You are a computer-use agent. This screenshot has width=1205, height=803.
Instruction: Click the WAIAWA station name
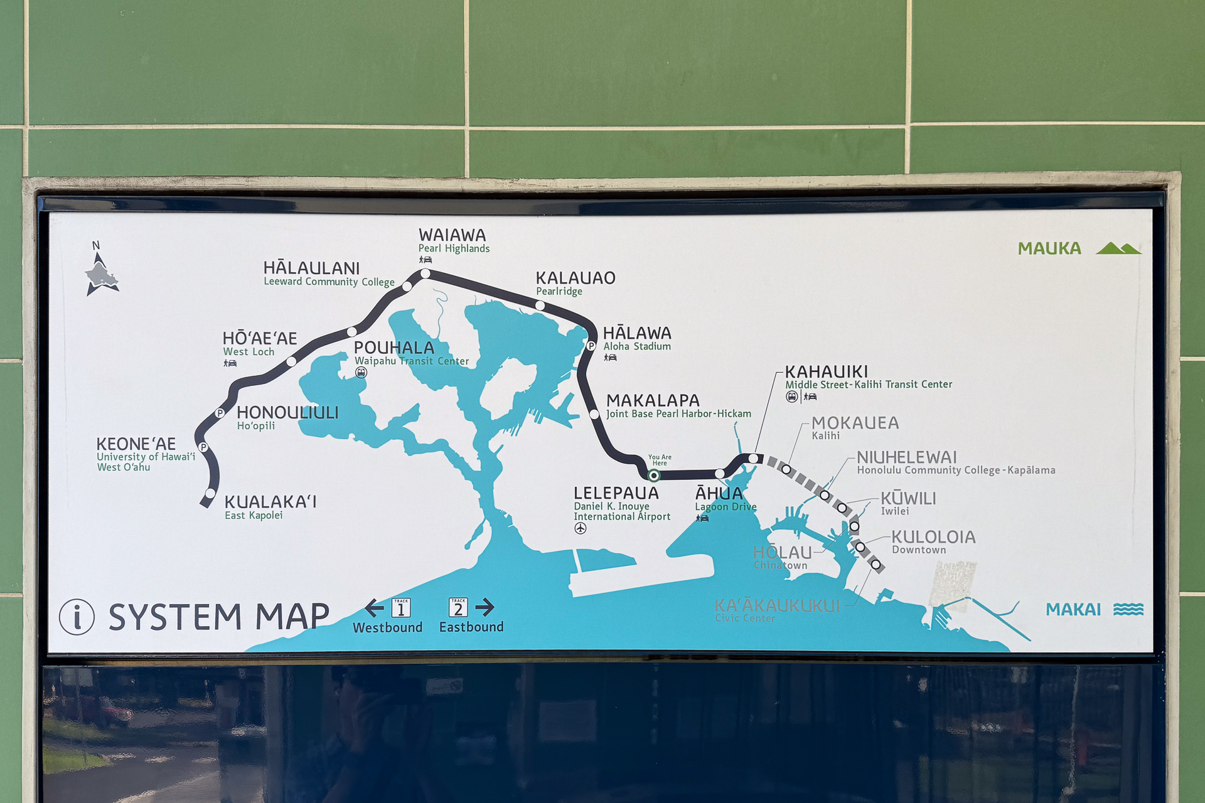(452, 235)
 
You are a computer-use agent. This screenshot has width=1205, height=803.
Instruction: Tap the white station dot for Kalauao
(540, 306)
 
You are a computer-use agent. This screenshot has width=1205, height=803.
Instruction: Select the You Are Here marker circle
(654, 476)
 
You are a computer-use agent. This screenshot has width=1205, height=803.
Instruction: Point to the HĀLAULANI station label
(311, 269)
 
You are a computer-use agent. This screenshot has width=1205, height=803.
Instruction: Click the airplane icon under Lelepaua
(581, 529)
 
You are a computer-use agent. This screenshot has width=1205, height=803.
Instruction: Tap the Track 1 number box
(401, 607)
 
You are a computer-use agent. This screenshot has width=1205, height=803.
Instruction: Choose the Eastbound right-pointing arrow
(485, 607)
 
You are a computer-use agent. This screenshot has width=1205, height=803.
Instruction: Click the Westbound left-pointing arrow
(375, 607)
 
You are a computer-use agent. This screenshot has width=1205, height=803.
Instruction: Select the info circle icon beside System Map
(77, 617)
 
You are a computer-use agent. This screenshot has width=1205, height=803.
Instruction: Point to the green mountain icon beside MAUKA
(1118, 248)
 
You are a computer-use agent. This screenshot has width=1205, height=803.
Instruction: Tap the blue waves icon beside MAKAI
(1128, 609)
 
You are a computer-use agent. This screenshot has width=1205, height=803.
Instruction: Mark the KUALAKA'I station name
(270, 502)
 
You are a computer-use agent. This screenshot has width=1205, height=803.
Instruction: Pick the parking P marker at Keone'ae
(203, 447)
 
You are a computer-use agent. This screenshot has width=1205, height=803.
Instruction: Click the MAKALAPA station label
(653, 400)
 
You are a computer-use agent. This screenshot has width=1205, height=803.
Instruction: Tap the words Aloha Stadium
(637, 346)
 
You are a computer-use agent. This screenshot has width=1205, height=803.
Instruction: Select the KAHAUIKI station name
(827, 372)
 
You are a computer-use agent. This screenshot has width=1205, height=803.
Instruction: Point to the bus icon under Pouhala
(361, 373)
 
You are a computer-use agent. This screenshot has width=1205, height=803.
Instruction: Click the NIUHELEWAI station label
(907, 457)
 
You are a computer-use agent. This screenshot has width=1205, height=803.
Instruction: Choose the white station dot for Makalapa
(594, 414)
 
